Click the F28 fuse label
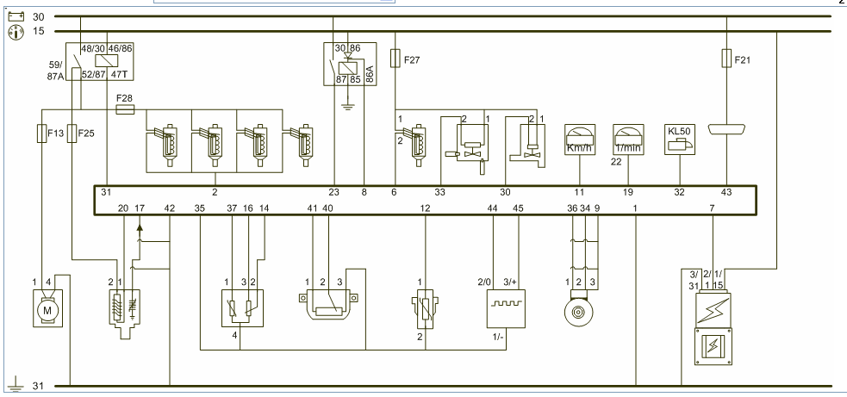pyautogui.click(x=125, y=99)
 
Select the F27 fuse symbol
pyautogui.click(x=395, y=59)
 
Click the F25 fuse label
pyautogui.click(x=86, y=133)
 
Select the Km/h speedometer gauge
pyautogui.click(x=580, y=140)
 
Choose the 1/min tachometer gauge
pyautogui.click(x=628, y=140)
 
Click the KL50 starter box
pyautogui.click(x=680, y=140)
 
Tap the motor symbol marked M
pyautogui.click(x=48, y=308)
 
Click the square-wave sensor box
pyautogui.click(x=506, y=308)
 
